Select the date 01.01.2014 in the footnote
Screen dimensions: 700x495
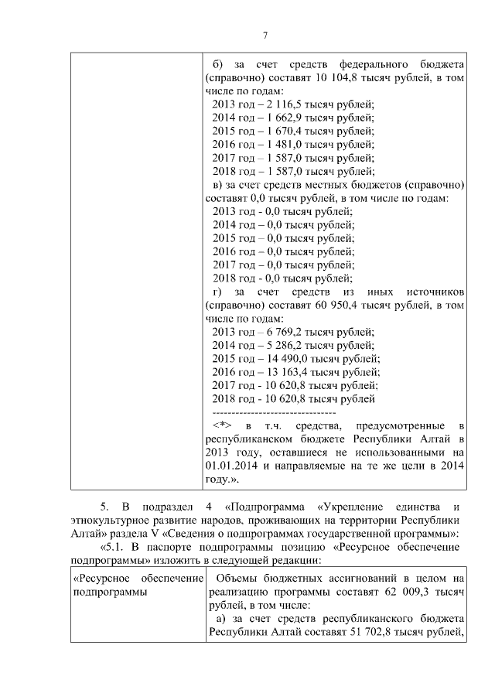tap(233, 466)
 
